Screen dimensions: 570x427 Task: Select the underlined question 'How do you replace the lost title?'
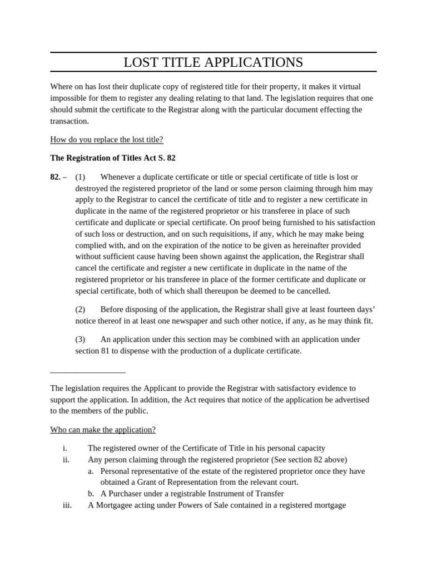[x=107, y=139]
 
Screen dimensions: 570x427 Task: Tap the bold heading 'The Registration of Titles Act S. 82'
[x=113, y=158]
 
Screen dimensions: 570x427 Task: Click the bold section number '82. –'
[x=58, y=176]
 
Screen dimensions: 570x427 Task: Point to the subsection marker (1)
[x=81, y=176]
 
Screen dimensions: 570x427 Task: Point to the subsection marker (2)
[x=81, y=309]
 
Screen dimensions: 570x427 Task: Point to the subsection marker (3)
[x=81, y=339]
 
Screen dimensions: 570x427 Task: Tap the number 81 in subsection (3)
[x=107, y=351]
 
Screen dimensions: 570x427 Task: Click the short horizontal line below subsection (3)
[x=88, y=372]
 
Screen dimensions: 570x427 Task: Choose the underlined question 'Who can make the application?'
[x=103, y=429]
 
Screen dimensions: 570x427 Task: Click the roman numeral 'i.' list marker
[x=65, y=448]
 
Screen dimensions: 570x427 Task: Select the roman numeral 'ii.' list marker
[x=66, y=459]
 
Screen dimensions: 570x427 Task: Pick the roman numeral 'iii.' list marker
[x=67, y=505]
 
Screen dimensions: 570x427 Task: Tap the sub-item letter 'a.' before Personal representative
[x=91, y=471]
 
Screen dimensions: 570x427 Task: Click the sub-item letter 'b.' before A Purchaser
[x=91, y=493]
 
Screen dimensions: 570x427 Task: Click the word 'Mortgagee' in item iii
[x=113, y=505]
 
